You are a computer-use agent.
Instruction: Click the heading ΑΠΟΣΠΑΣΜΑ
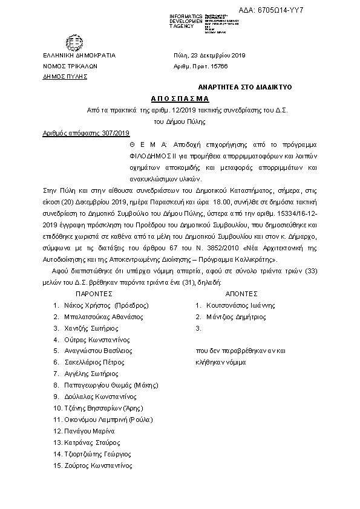[x=179, y=98]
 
